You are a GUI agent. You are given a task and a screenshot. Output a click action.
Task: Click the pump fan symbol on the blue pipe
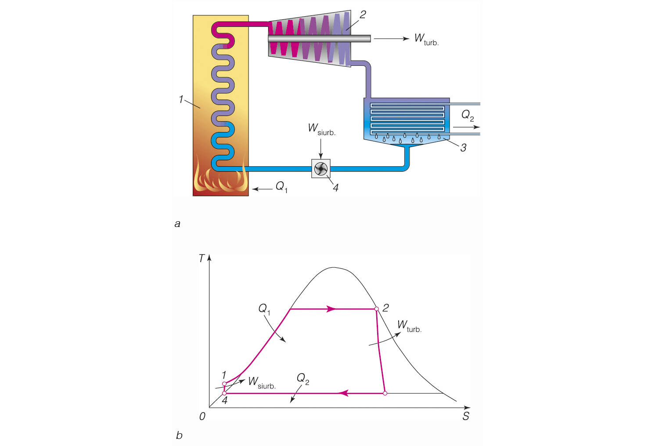321,169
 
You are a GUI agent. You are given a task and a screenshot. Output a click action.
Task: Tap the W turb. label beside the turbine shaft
426,40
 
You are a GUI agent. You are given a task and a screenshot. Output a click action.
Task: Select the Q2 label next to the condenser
467,115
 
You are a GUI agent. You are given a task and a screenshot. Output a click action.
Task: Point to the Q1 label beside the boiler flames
281,187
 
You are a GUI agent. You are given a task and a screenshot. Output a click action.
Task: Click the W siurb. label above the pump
321,129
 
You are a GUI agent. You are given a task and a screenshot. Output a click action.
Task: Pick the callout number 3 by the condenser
463,148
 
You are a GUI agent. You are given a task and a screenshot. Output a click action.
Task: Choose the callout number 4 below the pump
335,188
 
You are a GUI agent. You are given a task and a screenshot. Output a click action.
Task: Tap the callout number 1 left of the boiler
181,100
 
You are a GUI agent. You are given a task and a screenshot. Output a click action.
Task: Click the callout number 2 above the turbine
363,14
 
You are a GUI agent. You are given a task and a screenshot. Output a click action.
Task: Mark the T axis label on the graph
202,259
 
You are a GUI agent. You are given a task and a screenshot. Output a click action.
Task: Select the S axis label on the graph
466,416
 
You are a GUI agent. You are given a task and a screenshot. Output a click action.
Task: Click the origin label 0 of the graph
202,416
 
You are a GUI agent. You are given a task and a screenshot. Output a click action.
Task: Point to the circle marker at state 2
377,309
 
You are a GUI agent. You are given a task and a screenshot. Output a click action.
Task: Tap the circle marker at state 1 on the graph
224,384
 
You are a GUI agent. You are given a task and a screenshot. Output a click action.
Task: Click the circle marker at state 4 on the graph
224,393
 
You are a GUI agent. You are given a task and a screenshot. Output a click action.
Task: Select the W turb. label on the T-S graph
409,326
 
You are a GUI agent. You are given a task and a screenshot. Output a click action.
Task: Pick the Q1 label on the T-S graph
264,309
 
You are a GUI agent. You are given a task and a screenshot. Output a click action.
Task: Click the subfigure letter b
179,435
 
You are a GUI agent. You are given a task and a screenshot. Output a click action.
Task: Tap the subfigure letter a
177,224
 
